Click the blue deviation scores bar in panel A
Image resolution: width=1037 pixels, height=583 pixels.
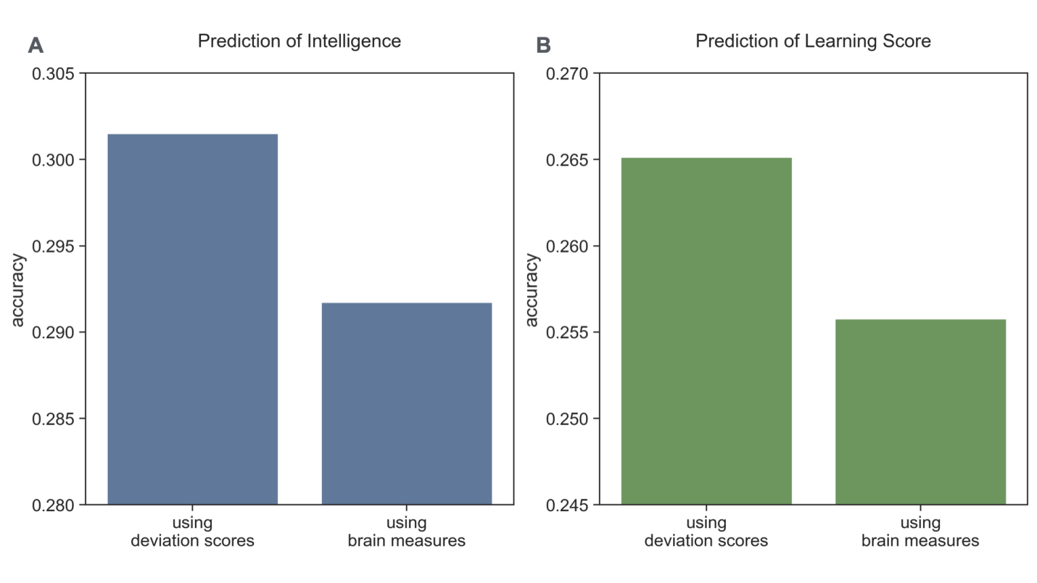tap(192, 319)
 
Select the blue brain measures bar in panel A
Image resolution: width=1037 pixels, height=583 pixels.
tap(406, 403)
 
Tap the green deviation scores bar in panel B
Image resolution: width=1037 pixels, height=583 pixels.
tap(706, 331)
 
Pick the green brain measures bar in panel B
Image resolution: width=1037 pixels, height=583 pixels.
tap(920, 411)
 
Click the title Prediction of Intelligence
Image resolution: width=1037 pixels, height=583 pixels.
tap(299, 41)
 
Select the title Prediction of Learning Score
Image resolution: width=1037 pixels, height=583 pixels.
tap(812, 41)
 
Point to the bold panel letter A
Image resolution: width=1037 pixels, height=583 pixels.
tap(36, 46)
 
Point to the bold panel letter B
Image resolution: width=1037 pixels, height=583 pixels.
tap(543, 46)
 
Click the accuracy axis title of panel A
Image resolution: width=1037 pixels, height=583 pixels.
tap(19, 289)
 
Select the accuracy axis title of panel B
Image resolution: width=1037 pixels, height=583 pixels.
tap(532, 289)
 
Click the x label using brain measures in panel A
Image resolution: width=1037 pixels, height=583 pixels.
tap(406, 532)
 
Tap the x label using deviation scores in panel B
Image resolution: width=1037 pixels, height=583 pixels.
tap(706, 532)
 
